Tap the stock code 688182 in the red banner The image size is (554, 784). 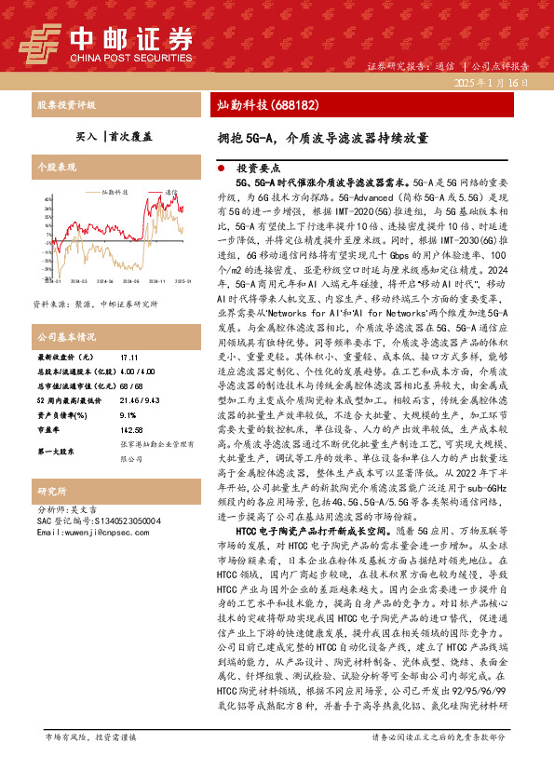pos(295,104)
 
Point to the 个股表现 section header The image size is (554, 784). pos(56,168)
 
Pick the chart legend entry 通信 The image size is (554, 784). pos(169,190)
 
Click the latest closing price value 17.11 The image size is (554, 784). pos(128,358)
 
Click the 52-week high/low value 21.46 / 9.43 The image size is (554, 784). pos(138,401)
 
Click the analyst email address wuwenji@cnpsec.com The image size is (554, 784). pos(93,533)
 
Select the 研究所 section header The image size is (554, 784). pos(52,491)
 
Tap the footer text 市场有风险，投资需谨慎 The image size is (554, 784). pos(90,763)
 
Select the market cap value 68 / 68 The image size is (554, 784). pos(130,386)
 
